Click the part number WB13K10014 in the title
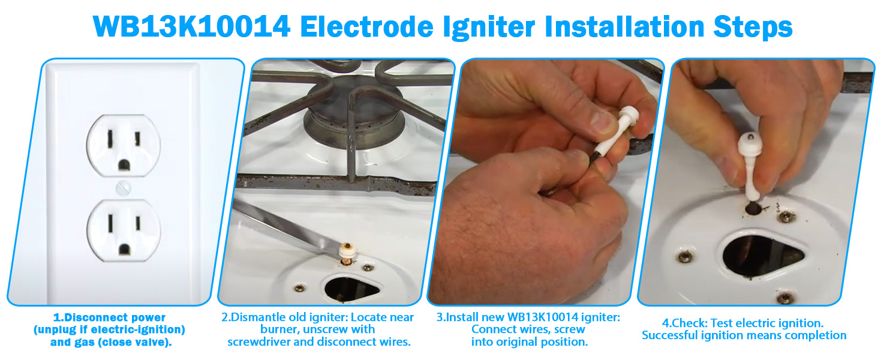(x=191, y=26)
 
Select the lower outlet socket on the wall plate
(x=123, y=230)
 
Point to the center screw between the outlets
(x=123, y=187)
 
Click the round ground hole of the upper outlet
(x=124, y=162)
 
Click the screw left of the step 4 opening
(x=682, y=257)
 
